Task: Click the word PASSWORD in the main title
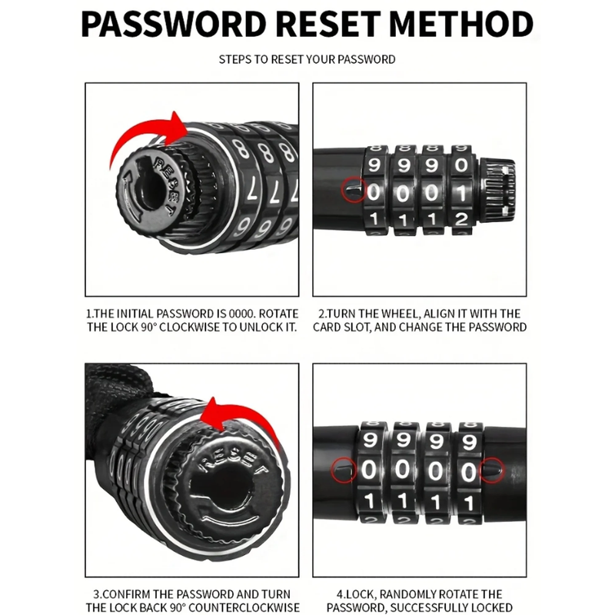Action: coord(174,24)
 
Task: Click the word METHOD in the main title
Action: coord(461,24)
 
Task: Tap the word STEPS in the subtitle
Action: coord(235,60)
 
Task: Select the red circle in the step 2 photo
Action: coord(354,190)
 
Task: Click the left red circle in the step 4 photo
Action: coord(344,470)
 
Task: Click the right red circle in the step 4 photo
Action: coord(491,470)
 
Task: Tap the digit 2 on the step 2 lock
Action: coord(461,219)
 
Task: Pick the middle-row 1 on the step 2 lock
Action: coord(462,193)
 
